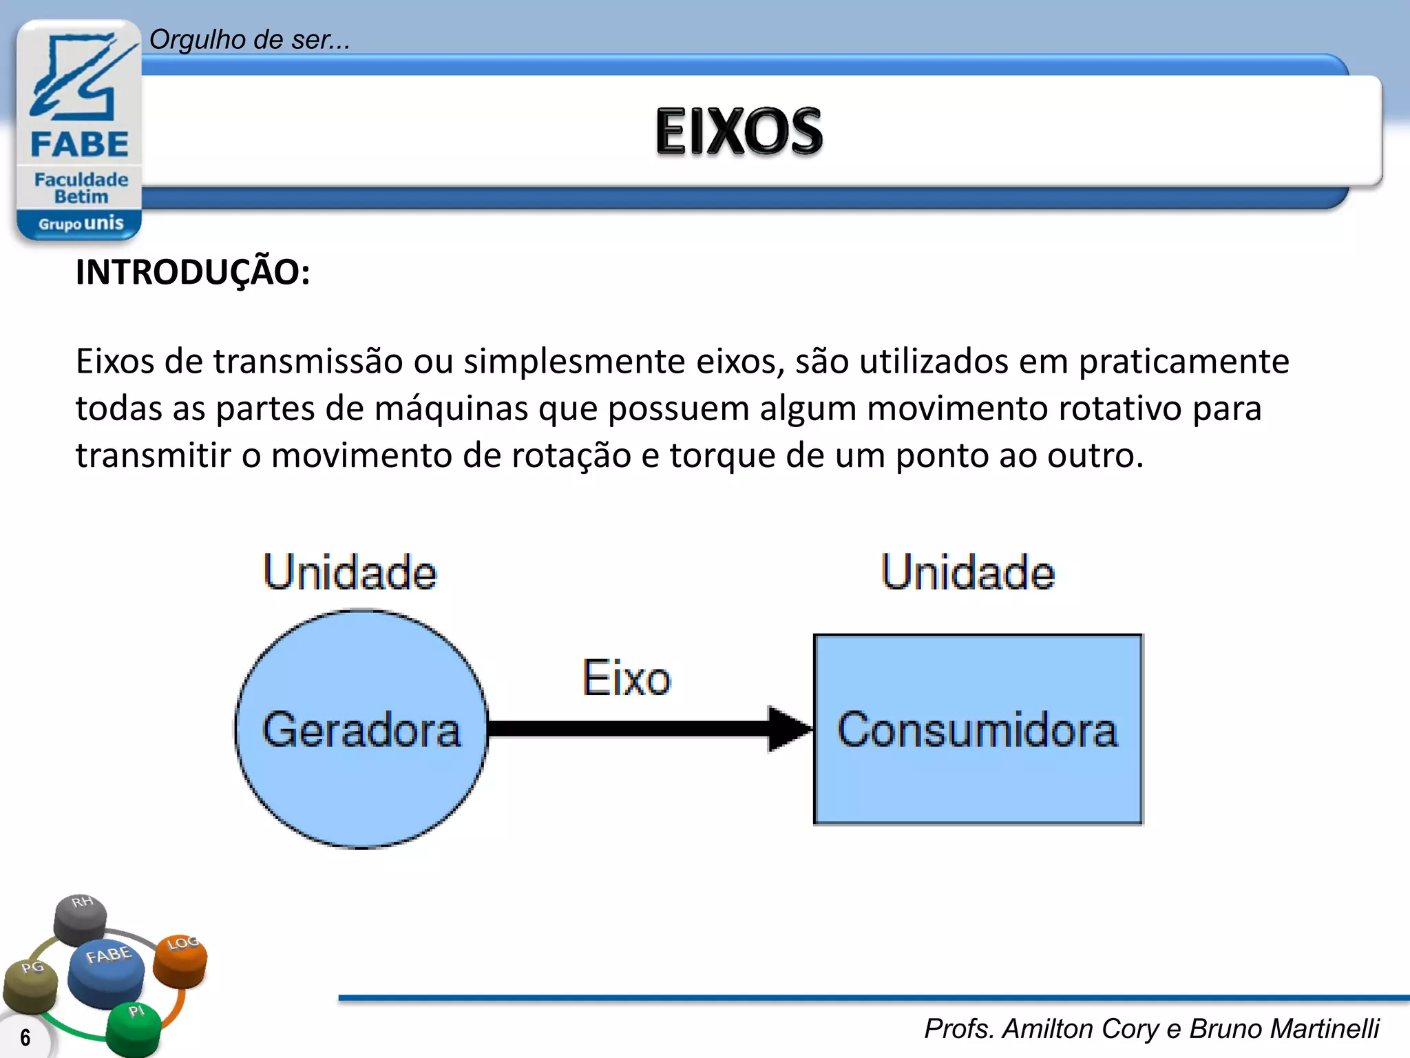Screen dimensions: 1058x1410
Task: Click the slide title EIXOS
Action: (739, 131)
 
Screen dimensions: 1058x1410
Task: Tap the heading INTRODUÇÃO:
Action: (193, 272)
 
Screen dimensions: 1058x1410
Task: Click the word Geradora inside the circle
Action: (361, 730)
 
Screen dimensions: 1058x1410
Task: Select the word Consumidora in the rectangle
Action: (978, 730)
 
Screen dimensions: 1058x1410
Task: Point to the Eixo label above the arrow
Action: (627, 678)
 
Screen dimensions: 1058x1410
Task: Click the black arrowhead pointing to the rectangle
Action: (788, 729)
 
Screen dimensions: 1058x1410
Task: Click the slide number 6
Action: (25, 1037)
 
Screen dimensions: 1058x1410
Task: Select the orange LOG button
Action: (180, 959)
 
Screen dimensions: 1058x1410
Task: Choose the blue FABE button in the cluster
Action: (107, 971)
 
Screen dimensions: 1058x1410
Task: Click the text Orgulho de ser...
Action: (249, 40)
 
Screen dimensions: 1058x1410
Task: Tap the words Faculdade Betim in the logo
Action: (81, 188)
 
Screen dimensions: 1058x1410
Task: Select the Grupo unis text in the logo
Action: (81, 224)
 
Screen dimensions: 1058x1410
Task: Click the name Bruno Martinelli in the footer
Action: (1284, 1028)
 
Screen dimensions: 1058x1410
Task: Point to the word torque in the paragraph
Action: (722, 456)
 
